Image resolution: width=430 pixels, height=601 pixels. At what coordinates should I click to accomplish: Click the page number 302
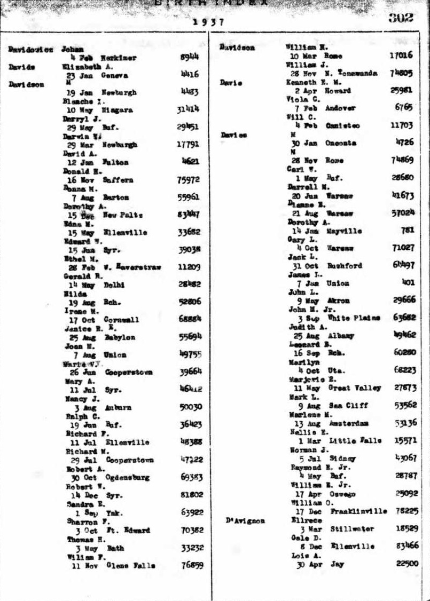[x=401, y=17]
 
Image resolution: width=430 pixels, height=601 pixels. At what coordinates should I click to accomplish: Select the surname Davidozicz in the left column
[x=30, y=50]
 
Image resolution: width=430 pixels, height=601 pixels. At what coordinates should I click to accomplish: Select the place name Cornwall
[x=122, y=320]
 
